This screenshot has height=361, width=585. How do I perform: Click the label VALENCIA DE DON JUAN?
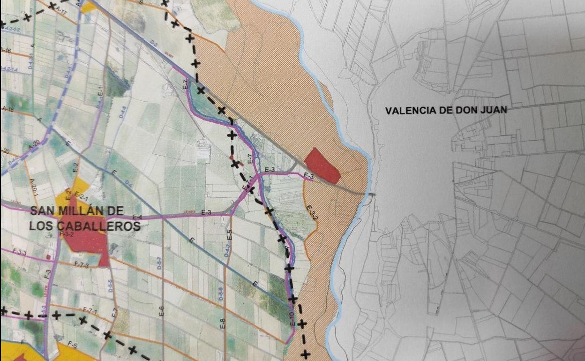pyautogui.click(x=446, y=111)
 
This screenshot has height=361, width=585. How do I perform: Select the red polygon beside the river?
pyautogui.click(x=322, y=165)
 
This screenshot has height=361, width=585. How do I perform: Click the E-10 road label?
pyautogui.click(x=292, y=319)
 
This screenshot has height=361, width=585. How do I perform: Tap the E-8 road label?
pyautogui.click(x=223, y=323)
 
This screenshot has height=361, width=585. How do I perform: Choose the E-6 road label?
pyautogui.click(x=162, y=311)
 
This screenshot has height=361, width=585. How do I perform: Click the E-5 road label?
pyautogui.click(x=230, y=235)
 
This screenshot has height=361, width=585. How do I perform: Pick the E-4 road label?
pyautogui.click(x=137, y=217)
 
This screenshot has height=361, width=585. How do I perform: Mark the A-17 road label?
pyautogui.click(x=61, y=9)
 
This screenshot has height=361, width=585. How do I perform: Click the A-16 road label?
pyautogui.click(x=6, y=50)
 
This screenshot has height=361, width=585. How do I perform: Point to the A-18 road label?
pyautogui.click(x=7, y=109)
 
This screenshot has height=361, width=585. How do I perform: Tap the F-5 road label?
pyautogui.click(x=72, y=345)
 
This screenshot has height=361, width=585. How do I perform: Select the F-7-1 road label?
pyautogui.click(x=90, y=310)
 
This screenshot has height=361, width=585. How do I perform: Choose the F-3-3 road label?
pyautogui.click(x=20, y=252)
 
